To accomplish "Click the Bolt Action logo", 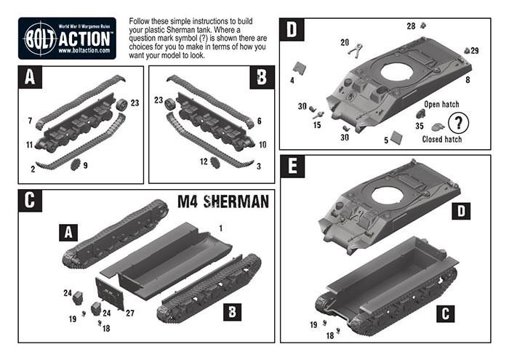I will tap(66, 37).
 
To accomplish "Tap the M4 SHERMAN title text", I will tap(225, 201).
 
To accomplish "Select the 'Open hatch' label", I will tap(442, 104).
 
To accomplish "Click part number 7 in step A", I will tap(30, 119).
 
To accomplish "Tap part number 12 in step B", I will tap(205, 161).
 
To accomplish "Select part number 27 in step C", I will tap(131, 313).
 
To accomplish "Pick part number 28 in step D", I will tap(411, 26).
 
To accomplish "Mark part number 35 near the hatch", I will tap(419, 126).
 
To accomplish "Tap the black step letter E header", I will tap(292, 166).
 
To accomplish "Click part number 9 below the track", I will tap(86, 166).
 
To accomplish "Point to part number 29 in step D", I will tap(475, 50).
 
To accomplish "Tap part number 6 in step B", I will tap(259, 119).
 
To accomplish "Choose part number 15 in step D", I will tap(317, 125).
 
